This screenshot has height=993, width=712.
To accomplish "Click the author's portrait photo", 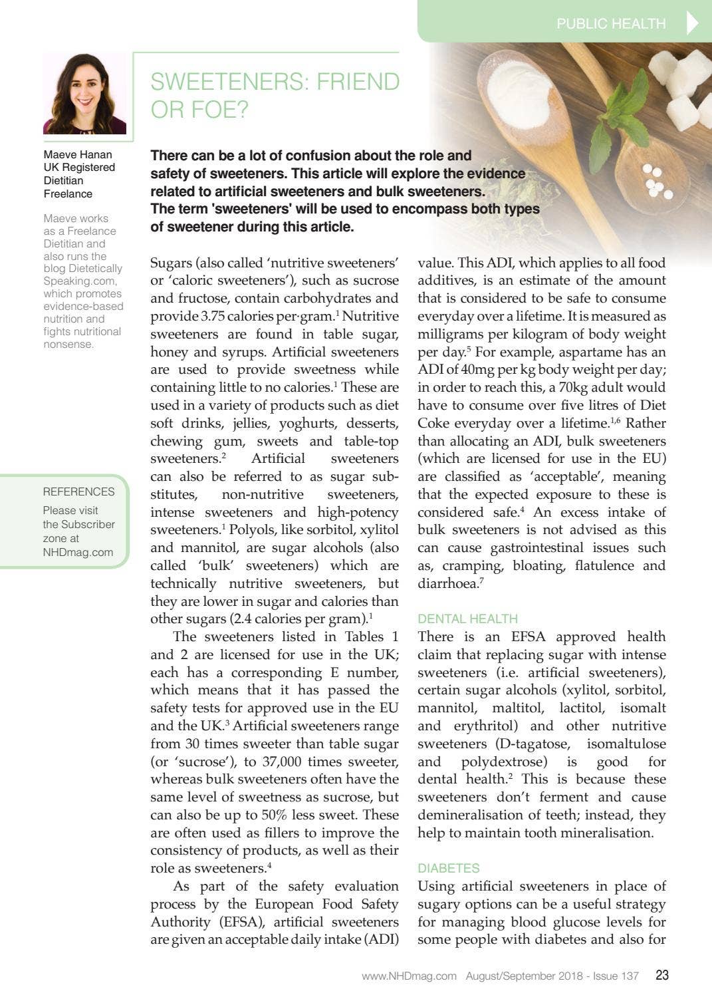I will pyautogui.click(x=84, y=94).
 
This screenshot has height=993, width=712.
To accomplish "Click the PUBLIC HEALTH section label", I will pyautogui.click(x=610, y=24).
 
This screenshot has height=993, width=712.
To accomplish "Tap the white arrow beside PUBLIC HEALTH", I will pyautogui.click(x=692, y=23).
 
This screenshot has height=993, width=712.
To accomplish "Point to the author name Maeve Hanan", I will pyautogui.click(x=77, y=154).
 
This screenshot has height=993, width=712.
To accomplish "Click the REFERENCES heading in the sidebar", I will pyautogui.click(x=78, y=492).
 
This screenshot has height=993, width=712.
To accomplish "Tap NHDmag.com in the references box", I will pyautogui.click(x=78, y=552).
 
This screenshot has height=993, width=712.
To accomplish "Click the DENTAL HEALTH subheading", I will pyautogui.click(x=467, y=619).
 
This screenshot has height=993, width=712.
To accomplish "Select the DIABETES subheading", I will pyautogui.click(x=448, y=868).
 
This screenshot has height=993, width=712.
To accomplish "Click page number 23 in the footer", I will pyautogui.click(x=662, y=975).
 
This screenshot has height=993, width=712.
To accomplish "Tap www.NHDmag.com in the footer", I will pyautogui.click(x=409, y=976).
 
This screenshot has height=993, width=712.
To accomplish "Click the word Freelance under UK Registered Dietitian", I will pyautogui.click(x=68, y=194).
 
